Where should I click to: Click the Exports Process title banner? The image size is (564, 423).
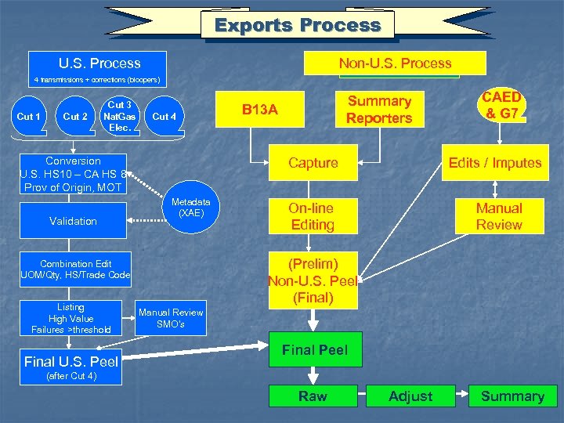coord(298,25)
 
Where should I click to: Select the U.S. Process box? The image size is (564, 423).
coord(99,63)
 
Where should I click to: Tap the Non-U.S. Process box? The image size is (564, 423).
coord(395,63)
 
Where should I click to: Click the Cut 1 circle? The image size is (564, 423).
coord(29,117)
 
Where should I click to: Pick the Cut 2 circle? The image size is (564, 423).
coord(75,117)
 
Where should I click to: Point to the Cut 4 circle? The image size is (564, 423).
coord(164,117)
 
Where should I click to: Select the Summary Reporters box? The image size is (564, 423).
coord(379,110)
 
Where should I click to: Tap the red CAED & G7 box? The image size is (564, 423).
coord(501,106)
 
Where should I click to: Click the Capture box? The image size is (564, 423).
coord(313,163)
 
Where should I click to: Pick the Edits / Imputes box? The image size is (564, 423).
coord(494,163)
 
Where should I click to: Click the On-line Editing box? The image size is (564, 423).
coord(311,216)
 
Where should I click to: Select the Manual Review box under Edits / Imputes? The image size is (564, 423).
coord(499,216)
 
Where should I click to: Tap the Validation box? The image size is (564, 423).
coord(73,222)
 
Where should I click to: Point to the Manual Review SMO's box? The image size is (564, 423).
coord(171,318)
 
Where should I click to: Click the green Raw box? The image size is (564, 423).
coord(313,396)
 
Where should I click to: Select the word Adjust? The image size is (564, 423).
coord(410,396)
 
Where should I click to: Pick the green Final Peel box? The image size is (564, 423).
coord(315,350)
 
